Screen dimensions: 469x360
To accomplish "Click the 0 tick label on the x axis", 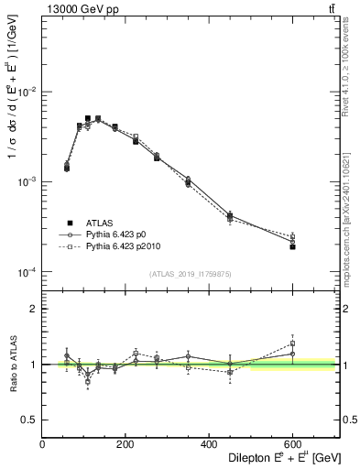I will coord(43,445).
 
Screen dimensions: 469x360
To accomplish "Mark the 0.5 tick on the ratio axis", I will coord(32,420).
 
